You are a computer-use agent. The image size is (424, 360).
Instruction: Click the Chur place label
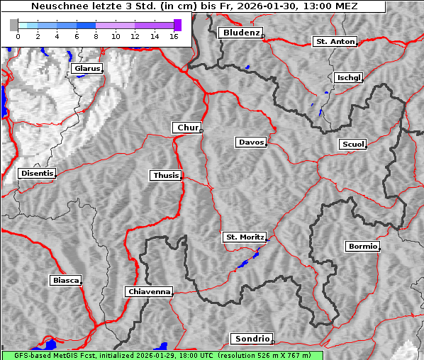187,128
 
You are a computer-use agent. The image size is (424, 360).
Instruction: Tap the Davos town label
251,142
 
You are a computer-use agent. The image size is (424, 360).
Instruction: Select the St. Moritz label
245,237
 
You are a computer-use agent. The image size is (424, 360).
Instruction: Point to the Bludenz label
240,33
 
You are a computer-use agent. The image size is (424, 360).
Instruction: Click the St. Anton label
335,42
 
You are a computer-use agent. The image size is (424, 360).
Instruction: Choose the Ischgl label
349,77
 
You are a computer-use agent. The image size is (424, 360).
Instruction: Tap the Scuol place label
353,145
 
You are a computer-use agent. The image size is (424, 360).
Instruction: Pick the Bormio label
362,247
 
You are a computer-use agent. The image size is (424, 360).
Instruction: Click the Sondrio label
251,339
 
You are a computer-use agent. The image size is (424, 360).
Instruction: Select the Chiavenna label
149,291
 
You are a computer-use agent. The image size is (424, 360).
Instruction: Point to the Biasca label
66,280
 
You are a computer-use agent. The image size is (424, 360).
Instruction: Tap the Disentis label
37,173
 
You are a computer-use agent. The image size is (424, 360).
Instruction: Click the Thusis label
166,175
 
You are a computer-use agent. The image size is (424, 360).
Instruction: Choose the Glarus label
87,69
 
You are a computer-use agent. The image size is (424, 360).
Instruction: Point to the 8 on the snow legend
96,35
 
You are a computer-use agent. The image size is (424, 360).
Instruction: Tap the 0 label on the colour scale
18,35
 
